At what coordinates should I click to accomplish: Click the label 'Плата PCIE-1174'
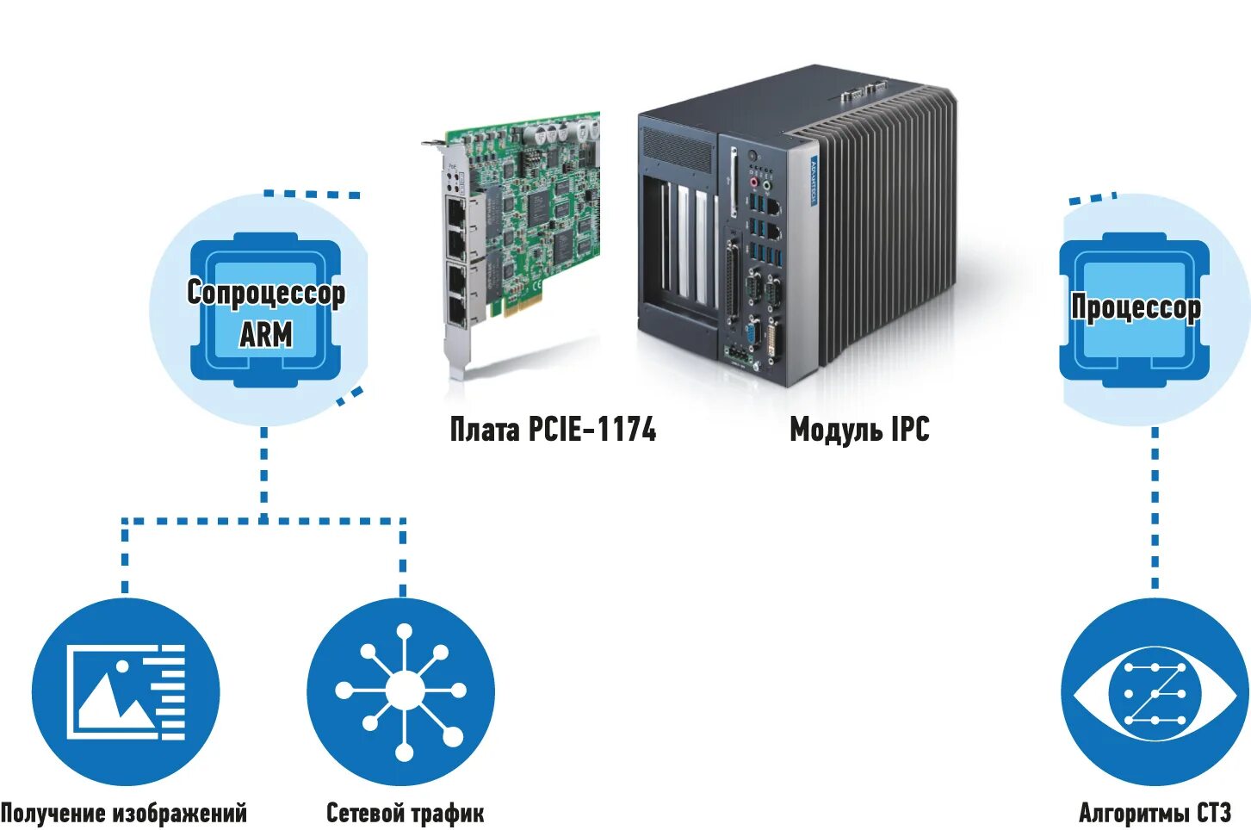coord(553,429)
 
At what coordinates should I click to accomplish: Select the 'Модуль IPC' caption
coord(859,429)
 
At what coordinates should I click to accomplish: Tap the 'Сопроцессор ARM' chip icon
coord(265,310)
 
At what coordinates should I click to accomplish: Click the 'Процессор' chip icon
coord(1135,310)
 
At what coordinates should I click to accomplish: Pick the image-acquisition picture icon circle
coord(126,692)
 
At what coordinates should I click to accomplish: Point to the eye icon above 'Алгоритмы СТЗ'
coord(1154,692)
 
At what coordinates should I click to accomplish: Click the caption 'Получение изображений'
coord(124,813)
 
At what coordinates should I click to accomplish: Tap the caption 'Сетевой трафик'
coord(405,813)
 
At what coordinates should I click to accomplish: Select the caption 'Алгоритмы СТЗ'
coord(1155,813)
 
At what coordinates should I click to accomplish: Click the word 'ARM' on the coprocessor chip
coord(265,334)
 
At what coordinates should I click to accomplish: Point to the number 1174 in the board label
coord(626,429)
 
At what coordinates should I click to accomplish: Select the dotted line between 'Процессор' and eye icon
coord(1155,508)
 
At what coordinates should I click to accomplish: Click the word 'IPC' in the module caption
coord(910,429)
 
